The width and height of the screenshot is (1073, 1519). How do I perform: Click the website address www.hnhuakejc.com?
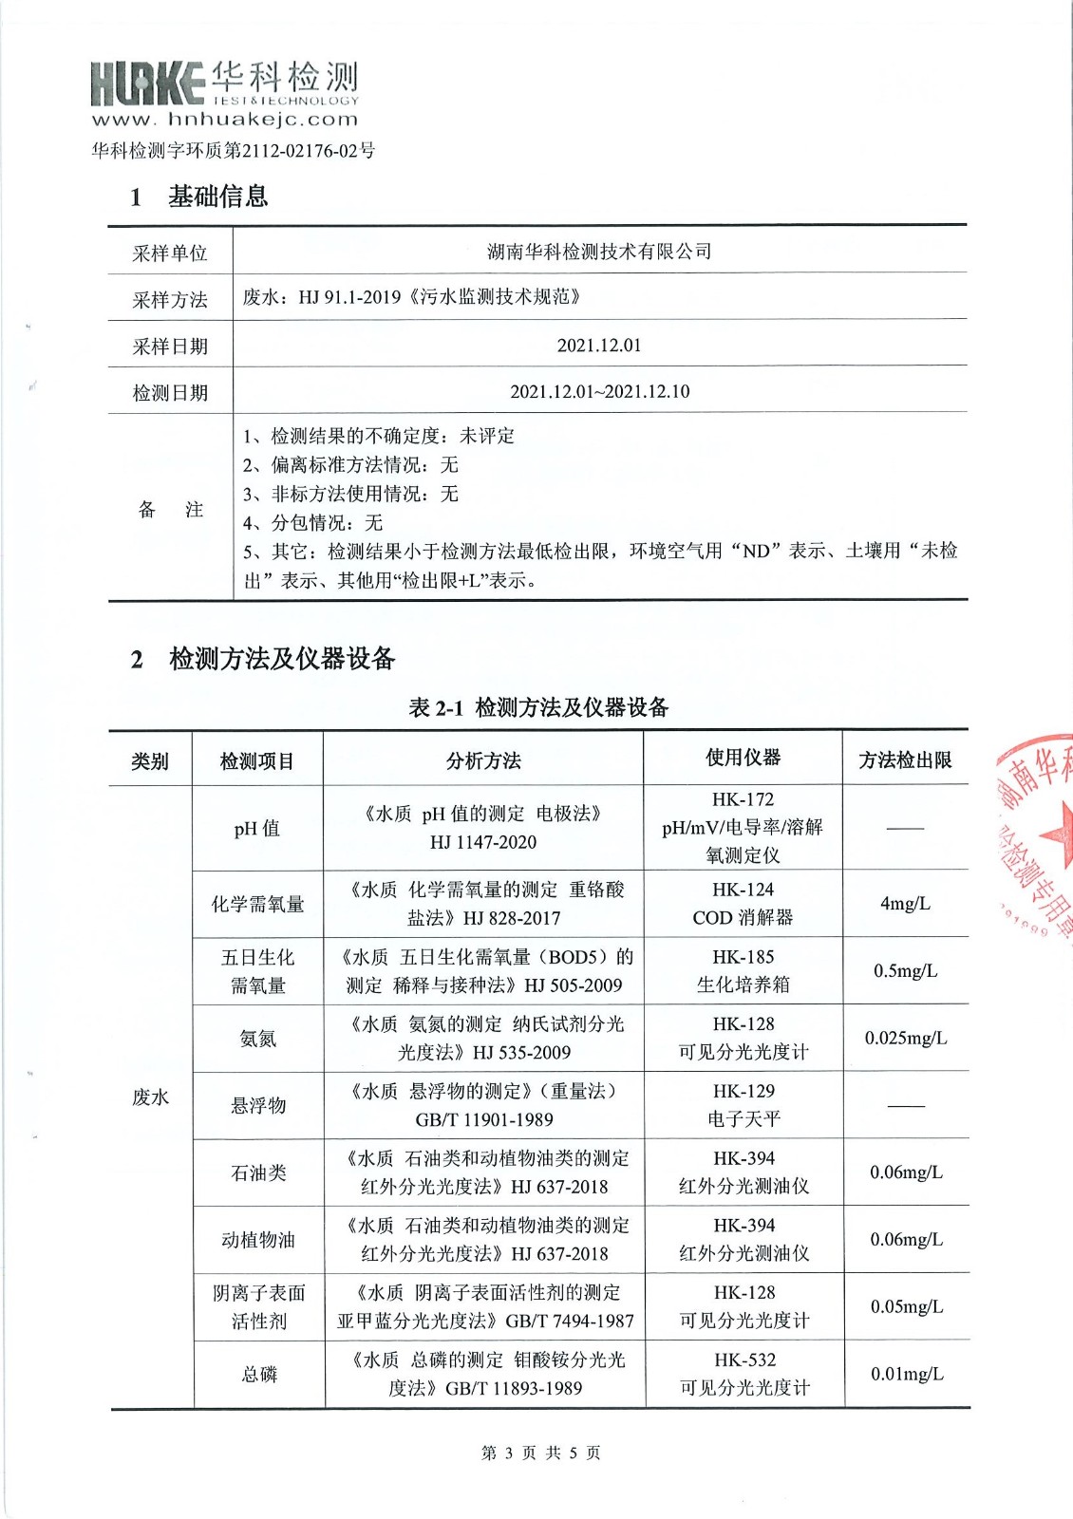point(225,120)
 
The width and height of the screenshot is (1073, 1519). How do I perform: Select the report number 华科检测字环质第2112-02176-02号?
point(234,150)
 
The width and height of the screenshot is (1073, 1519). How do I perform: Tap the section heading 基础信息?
point(217,197)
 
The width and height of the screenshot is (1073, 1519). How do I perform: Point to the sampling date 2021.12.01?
point(599,345)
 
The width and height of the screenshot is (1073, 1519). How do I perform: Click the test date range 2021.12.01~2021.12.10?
point(599,391)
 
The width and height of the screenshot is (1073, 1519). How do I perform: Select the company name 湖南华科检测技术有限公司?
point(599,252)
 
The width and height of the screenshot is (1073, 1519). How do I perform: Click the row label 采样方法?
point(170,299)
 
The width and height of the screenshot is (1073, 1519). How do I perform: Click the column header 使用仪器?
point(743,758)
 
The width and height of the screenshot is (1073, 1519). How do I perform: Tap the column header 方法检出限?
point(905,759)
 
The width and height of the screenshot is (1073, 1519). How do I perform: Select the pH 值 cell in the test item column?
point(257,828)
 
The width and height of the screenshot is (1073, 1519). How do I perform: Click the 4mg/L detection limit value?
point(905,903)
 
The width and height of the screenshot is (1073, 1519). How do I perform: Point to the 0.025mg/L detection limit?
point(905,1038)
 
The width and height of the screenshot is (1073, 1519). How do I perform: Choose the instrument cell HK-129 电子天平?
point(744,1105)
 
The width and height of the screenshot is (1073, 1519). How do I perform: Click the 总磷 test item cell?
point(259,1374)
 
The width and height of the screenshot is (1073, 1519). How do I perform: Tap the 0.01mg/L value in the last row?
point(907,1374)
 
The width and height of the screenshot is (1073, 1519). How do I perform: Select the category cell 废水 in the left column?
point(150,1097)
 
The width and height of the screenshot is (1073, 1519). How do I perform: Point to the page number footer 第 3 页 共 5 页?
point(540,1453)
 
